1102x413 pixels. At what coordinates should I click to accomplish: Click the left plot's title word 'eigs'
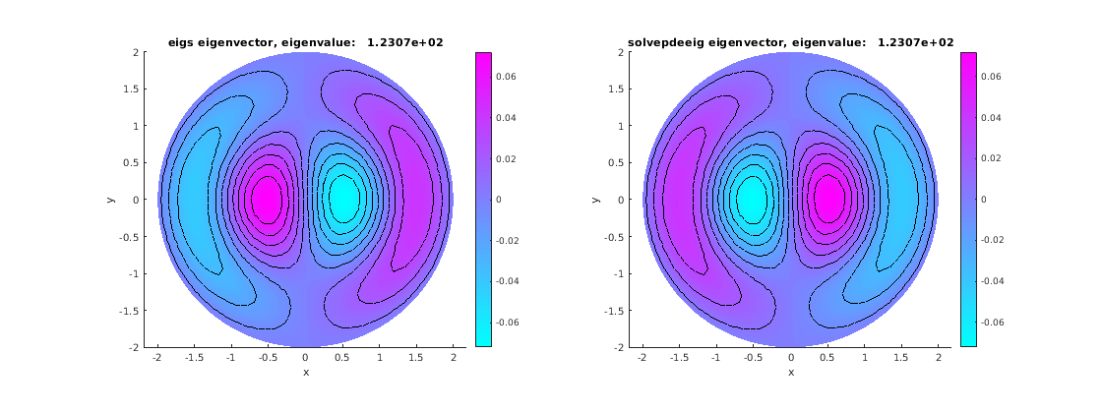184,42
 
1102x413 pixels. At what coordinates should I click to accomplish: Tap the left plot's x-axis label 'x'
305,373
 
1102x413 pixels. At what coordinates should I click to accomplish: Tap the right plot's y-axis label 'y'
594,200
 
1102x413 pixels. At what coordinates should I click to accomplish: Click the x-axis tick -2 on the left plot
157,358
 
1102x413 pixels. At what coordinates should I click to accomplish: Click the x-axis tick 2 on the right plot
939,358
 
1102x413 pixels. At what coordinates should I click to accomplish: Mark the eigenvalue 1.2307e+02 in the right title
916,42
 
